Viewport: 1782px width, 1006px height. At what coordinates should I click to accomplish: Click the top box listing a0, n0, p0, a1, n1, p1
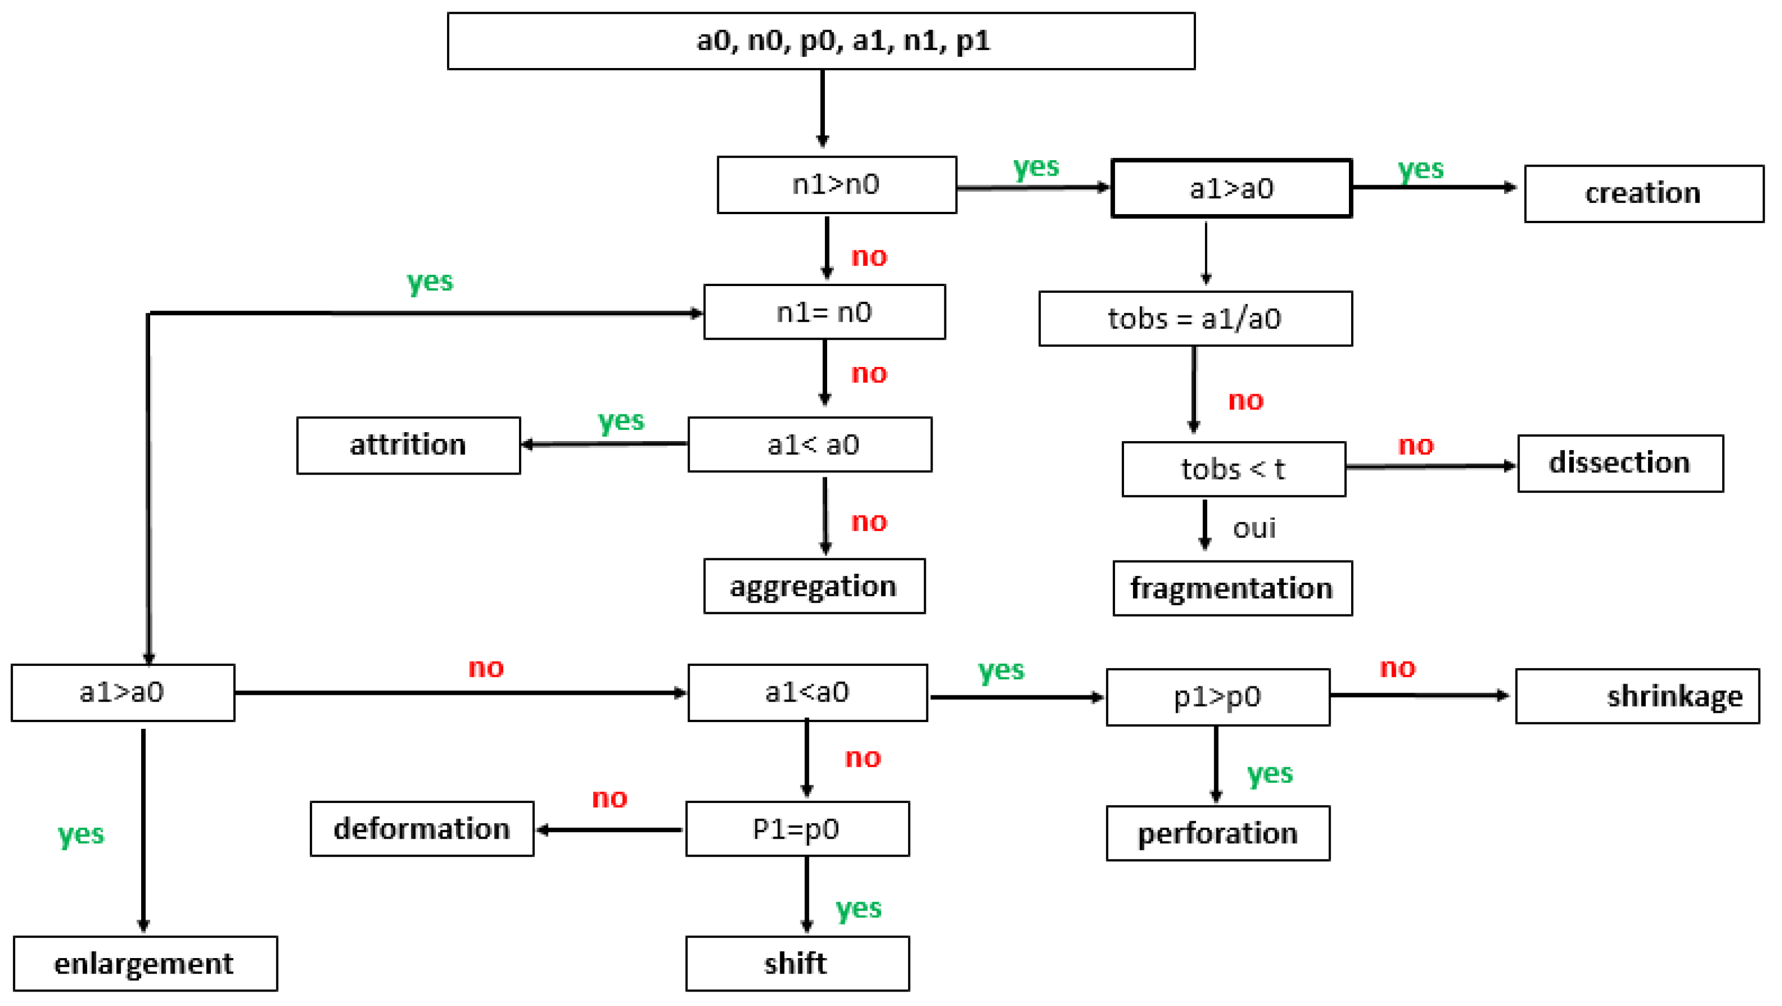[x=820, y=41]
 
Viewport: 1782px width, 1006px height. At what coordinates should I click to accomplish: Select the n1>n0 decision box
[x=837, y=185]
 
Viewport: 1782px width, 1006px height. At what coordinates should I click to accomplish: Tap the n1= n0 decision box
[x=824, y=312]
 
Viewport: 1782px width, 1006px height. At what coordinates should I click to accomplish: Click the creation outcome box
[x=1643, y=194]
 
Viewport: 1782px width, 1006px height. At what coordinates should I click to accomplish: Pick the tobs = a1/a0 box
[x=1195, y=319]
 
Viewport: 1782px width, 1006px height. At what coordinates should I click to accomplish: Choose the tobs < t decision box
[x=1233, y=469]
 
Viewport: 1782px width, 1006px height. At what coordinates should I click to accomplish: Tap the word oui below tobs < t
[x=1253, y=528]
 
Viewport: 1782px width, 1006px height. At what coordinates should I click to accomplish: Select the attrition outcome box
[x=408, y=444]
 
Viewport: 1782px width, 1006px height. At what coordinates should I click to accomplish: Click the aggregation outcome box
[x=814, y=586]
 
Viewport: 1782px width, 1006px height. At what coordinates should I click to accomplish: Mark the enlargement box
[x=145, y=963]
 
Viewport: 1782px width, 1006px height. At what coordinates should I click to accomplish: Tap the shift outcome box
[x=797, y=963]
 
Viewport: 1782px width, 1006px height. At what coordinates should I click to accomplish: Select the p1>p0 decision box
[x=1218, y=697]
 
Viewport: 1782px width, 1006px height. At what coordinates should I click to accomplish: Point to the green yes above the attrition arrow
[x=621, y=420]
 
